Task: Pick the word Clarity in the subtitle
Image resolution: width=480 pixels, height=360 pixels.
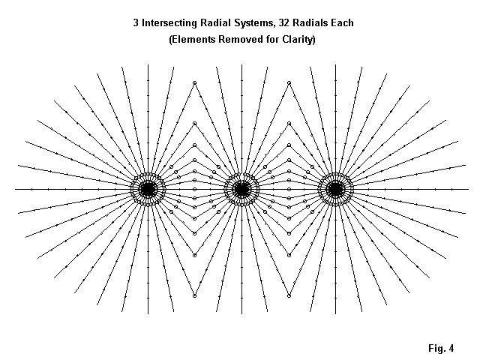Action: (295, 39)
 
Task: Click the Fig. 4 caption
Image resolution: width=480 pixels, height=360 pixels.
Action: (440, 348)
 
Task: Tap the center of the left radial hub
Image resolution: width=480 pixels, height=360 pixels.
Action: (148, 189)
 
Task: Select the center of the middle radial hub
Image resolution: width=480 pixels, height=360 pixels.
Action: (241, 189)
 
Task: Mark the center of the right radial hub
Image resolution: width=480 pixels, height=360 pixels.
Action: (335, 189)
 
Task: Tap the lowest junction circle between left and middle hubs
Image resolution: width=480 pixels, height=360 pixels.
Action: (194, 295)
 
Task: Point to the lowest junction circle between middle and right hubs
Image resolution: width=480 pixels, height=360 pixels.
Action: (288, 295)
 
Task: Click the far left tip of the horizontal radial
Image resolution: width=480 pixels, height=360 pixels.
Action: (15, 189)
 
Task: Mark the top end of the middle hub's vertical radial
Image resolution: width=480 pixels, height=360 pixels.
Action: (241, 65)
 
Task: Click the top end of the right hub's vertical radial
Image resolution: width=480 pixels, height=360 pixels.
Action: (335, 65)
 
